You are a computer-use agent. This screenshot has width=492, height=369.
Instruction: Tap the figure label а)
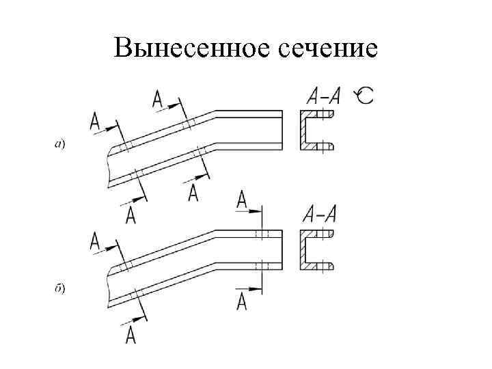click(60, 144)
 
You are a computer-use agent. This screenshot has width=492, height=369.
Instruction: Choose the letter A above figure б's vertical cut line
click(242, 200)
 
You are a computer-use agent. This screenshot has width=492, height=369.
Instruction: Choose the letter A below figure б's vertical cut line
click(241, 302)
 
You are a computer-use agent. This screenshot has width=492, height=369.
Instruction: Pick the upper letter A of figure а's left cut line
click(94, 122)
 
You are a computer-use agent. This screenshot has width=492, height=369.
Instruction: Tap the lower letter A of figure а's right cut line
click(193, 193)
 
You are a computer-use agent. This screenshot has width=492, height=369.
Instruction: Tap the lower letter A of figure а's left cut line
click(131, 215)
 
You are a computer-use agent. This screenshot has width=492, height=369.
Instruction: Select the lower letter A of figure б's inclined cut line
click(131, 335)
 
